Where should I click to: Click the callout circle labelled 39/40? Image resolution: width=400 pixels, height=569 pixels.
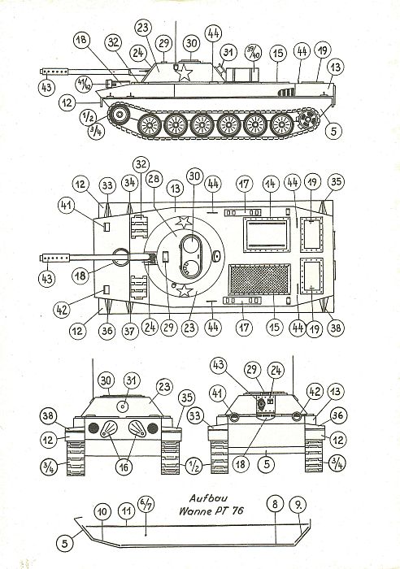click(x=254, y=53)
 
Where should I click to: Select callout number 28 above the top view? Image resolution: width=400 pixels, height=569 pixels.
click(x=154, y=180)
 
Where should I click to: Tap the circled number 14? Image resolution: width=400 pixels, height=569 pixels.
click(x=272, y=184)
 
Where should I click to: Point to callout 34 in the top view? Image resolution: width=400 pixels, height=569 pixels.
click(x=129, y=183)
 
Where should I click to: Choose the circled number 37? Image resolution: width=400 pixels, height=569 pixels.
click(x=129, y=331)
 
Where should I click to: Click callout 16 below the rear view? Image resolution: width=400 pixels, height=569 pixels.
click(x=124, y=467)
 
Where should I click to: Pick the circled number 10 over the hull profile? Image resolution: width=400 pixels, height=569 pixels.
click(x=102, y=511)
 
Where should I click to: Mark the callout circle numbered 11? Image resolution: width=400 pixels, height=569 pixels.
click(x=126, y=511)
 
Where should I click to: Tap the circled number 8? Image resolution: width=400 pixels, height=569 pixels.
click(x=275, y=505)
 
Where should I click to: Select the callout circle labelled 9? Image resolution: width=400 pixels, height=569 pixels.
click(x=298, y=505)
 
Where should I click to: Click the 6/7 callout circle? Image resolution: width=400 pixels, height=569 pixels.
click(x=146, y=504)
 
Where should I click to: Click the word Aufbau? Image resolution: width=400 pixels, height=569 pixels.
click(x=208, y=497)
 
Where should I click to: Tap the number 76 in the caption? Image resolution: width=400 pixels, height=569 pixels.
click(x=237, y=511)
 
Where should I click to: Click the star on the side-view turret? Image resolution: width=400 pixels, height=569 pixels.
click(x=185, y=73)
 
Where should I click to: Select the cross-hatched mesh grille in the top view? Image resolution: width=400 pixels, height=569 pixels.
click(x=259, y=280)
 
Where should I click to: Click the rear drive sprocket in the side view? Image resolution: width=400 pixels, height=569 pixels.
click(x=308, y=119)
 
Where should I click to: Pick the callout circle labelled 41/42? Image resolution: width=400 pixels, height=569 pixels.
click(x=84, y=85)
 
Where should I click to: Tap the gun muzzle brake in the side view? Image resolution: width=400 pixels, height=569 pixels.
click(x=54, y=72)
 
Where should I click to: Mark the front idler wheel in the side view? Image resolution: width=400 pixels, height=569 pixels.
click(x=119, y=115)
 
